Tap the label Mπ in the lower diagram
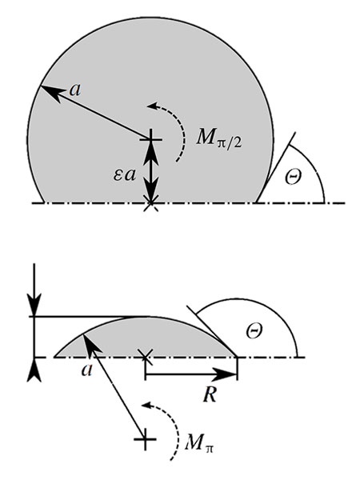(199, 442)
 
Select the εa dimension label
(124, 175)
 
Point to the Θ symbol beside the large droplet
(293, 177)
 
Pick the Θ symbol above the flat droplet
(254, 331)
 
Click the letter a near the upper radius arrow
(75, 90)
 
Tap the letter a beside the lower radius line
(87, 370)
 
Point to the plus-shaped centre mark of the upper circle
(150, 140)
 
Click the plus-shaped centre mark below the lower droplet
(145, 439)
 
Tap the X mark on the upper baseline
(151, 203)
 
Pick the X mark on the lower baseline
(146, 357)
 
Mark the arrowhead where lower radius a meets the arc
(89, 345)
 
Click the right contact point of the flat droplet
(238, 357)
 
